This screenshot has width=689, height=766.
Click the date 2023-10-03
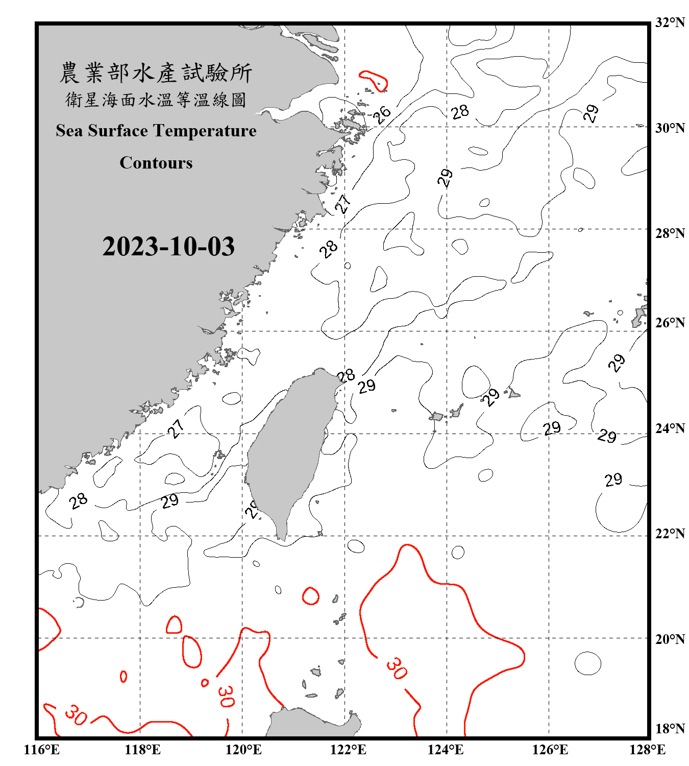point(168,247)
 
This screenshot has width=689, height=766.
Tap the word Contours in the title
point(156,163)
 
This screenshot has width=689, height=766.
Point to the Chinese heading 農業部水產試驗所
point(156,73)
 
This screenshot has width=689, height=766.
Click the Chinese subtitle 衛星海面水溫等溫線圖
point(156,100)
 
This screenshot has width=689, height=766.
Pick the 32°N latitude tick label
point(670,22)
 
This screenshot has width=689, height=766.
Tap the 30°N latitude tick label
point(670,128)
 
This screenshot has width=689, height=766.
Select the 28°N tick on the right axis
point(670,233)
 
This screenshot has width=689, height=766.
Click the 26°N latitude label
point(670,323)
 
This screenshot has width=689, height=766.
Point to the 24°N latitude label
point(670,428)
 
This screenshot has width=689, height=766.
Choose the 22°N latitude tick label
point(670,534)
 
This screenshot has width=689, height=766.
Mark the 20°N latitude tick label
point(670,639)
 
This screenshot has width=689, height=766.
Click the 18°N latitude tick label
point(670,729)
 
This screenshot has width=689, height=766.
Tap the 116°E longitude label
point(41,750)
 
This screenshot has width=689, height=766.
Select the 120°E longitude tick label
point(243,750)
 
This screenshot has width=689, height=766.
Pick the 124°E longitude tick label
point(446,750)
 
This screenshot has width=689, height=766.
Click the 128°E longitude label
point(647,750)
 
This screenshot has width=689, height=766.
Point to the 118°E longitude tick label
point(142,750)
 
